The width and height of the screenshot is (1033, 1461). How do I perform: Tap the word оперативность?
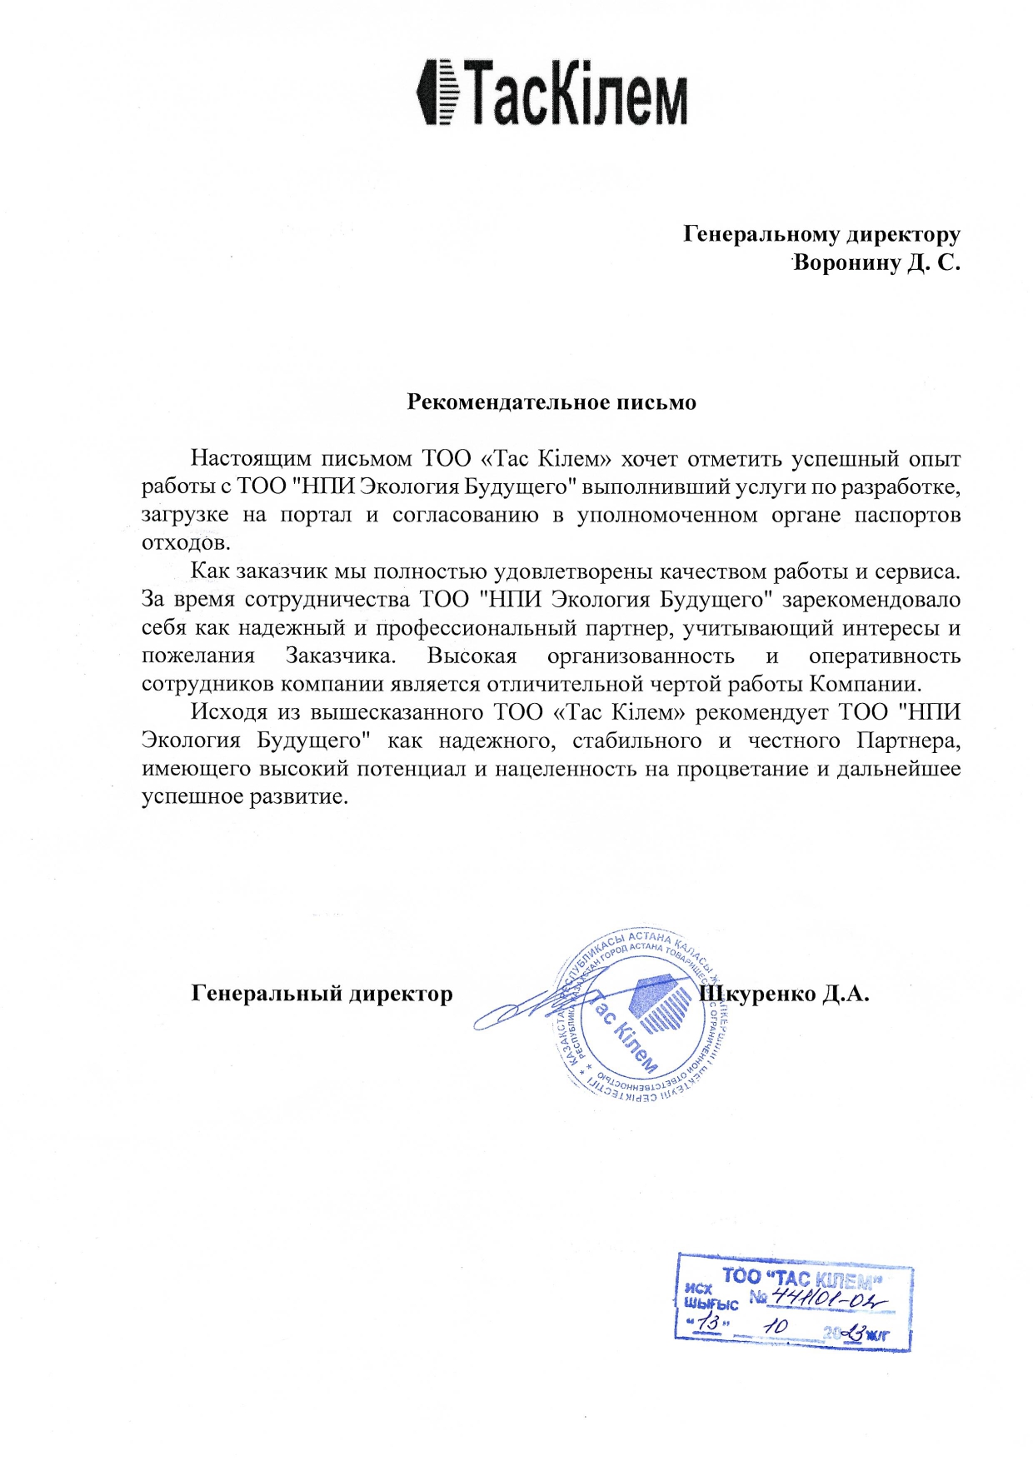[x=885, y=656]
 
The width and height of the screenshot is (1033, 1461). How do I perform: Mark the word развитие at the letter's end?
[x=297, y=796]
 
